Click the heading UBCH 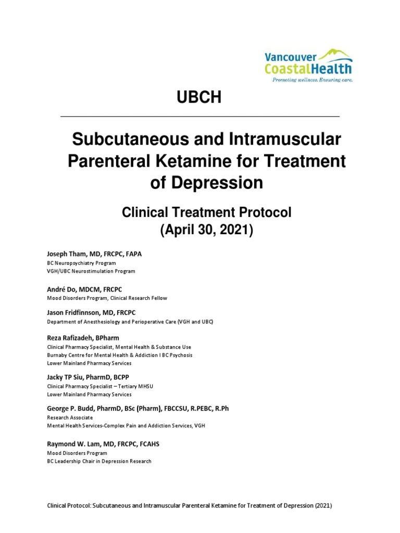(201, 97)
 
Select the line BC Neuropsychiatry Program (81, 263)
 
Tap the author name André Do (59, 289)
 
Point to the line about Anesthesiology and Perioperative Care (130, 322)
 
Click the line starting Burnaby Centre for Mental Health (120, 355)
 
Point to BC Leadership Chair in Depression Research (99, 461)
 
